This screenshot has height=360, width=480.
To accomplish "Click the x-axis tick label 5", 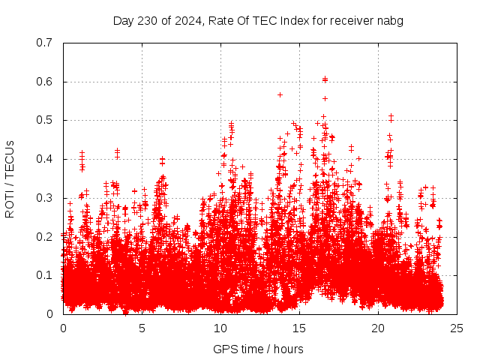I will click(142, 328).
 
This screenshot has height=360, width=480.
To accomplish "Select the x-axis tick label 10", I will click(220, 328).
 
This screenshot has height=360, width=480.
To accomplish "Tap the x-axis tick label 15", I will click(299, 328).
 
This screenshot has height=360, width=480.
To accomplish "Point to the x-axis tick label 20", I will click(378, 328).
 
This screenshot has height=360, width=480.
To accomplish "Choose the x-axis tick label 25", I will click(457, 328).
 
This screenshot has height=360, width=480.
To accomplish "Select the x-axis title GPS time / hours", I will click(258, 349).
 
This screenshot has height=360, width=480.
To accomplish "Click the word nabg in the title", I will click(391, 21).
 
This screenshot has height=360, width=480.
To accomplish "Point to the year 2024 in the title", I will click(187, 21).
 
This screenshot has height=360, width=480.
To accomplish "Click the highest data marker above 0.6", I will click(325, 79).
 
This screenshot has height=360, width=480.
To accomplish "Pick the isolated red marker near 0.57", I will click(280, 94).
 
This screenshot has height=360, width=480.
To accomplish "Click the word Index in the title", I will click(295, 21).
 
